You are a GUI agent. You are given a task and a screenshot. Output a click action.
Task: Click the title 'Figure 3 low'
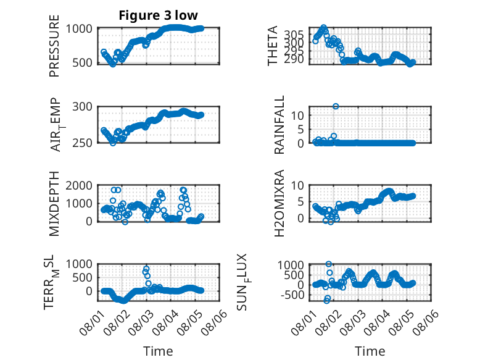click(x=159, y=15)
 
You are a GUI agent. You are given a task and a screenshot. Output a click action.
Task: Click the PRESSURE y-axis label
click(x=54, y=46)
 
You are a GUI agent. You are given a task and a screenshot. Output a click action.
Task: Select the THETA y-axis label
click(x=272, y=46)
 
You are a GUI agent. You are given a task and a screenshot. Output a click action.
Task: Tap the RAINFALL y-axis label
click(x=279, y=124)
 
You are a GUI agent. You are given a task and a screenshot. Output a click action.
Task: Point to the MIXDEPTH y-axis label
click(x=54, y=203)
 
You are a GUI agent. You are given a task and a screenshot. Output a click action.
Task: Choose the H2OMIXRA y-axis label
click(x=279, y=203)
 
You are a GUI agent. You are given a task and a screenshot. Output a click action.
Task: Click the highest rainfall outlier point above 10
click(x=336, y=106)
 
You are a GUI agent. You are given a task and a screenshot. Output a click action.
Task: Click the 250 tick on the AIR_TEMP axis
click(x=82, y=143)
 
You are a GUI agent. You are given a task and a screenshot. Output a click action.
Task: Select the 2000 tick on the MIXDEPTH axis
click(x=79, y=185)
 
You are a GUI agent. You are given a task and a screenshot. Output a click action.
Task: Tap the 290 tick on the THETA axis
click(x=294, y=59)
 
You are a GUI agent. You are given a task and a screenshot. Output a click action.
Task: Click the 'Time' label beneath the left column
click(x=159, y=351)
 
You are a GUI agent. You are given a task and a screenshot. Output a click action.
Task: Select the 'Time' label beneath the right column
click(x=370, y=351)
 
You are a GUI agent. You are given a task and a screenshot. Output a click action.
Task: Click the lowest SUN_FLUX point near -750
click(x=326, y=301)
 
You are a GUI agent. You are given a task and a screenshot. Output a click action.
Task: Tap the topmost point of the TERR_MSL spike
click(x=146, y=269)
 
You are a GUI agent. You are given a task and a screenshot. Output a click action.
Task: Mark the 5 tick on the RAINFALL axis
click(x=300, y=130)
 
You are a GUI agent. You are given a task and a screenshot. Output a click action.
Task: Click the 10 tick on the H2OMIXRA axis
click(x=297, y=186)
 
